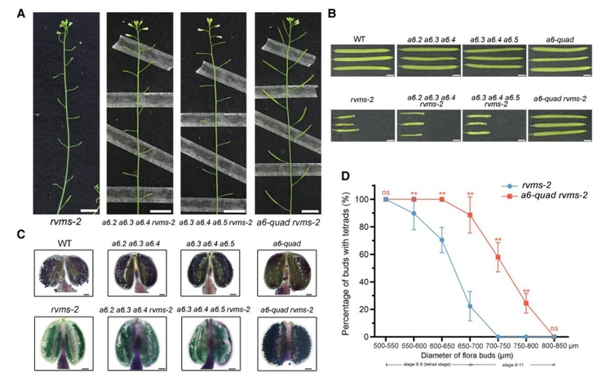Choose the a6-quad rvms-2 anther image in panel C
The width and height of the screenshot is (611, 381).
click(288, 343)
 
